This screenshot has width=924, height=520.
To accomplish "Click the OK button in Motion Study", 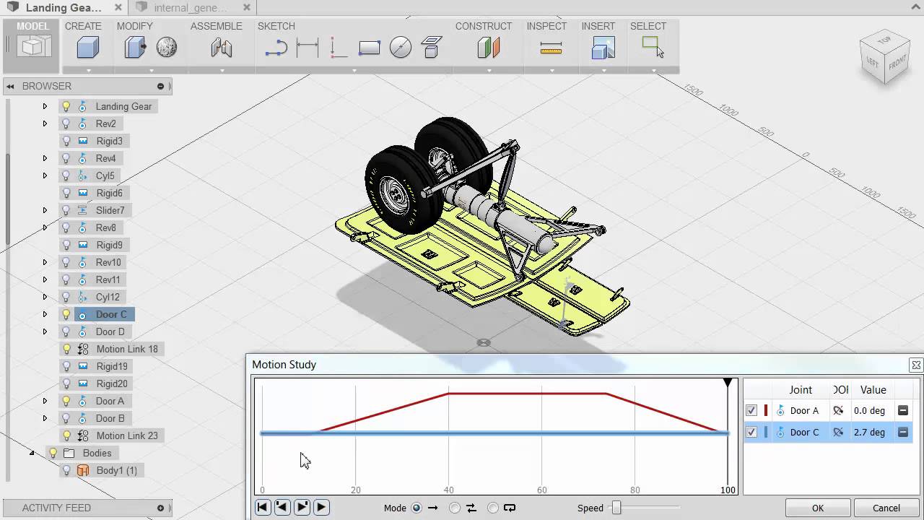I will point(817,508).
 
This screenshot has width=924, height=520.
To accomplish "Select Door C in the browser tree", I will point(110,314).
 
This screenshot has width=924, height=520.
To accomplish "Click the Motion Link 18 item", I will point(126,349).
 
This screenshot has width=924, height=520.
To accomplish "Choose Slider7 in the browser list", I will point(110,210).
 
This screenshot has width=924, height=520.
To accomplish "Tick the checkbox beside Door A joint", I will point(751,410).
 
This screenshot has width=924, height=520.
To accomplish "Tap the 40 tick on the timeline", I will point(449,489).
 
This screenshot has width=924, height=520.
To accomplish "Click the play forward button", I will point(322,507).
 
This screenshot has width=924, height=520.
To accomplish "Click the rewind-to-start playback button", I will point(263,507).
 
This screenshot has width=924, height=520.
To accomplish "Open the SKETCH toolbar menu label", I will point(276,26).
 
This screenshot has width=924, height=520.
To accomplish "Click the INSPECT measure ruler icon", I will point(551,48).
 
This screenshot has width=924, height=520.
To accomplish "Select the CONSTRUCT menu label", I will point(483,26).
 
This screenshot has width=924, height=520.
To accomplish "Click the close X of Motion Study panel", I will point(915,365).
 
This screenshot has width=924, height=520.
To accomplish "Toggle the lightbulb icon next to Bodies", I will point(53,453).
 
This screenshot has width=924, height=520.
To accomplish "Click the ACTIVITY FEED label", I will point(56,508).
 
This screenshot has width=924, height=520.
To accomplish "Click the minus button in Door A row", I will point(902,410).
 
